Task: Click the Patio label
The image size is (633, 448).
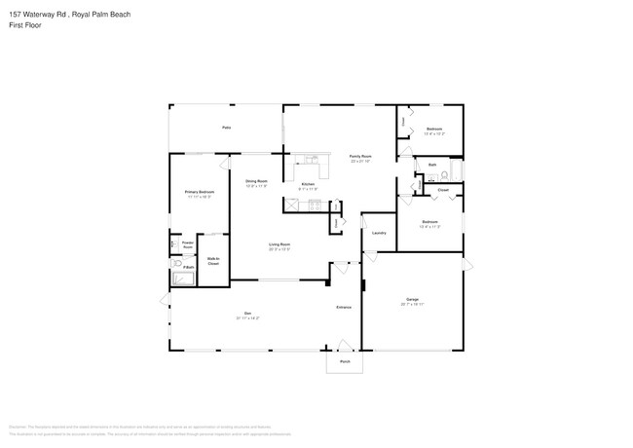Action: pos(226,128)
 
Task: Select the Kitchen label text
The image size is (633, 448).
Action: pos(308,184)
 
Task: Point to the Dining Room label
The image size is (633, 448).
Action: pos(256,181)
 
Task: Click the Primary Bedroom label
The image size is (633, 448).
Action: pos(199,192)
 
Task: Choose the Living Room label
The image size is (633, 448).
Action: pos(279,244)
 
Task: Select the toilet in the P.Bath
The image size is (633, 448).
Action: pos(176,264)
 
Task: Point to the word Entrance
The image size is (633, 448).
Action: pos(344,307)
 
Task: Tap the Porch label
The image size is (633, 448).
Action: pos(344,360)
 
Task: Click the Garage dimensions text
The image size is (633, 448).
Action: pos(412,304)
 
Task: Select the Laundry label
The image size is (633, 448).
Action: pos(379,233)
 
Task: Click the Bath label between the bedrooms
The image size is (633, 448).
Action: pos(432,165)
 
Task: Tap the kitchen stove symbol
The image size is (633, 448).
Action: pos(315,205)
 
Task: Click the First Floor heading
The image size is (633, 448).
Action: pos(24,25)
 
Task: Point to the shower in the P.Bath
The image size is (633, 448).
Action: pos(183,279)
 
